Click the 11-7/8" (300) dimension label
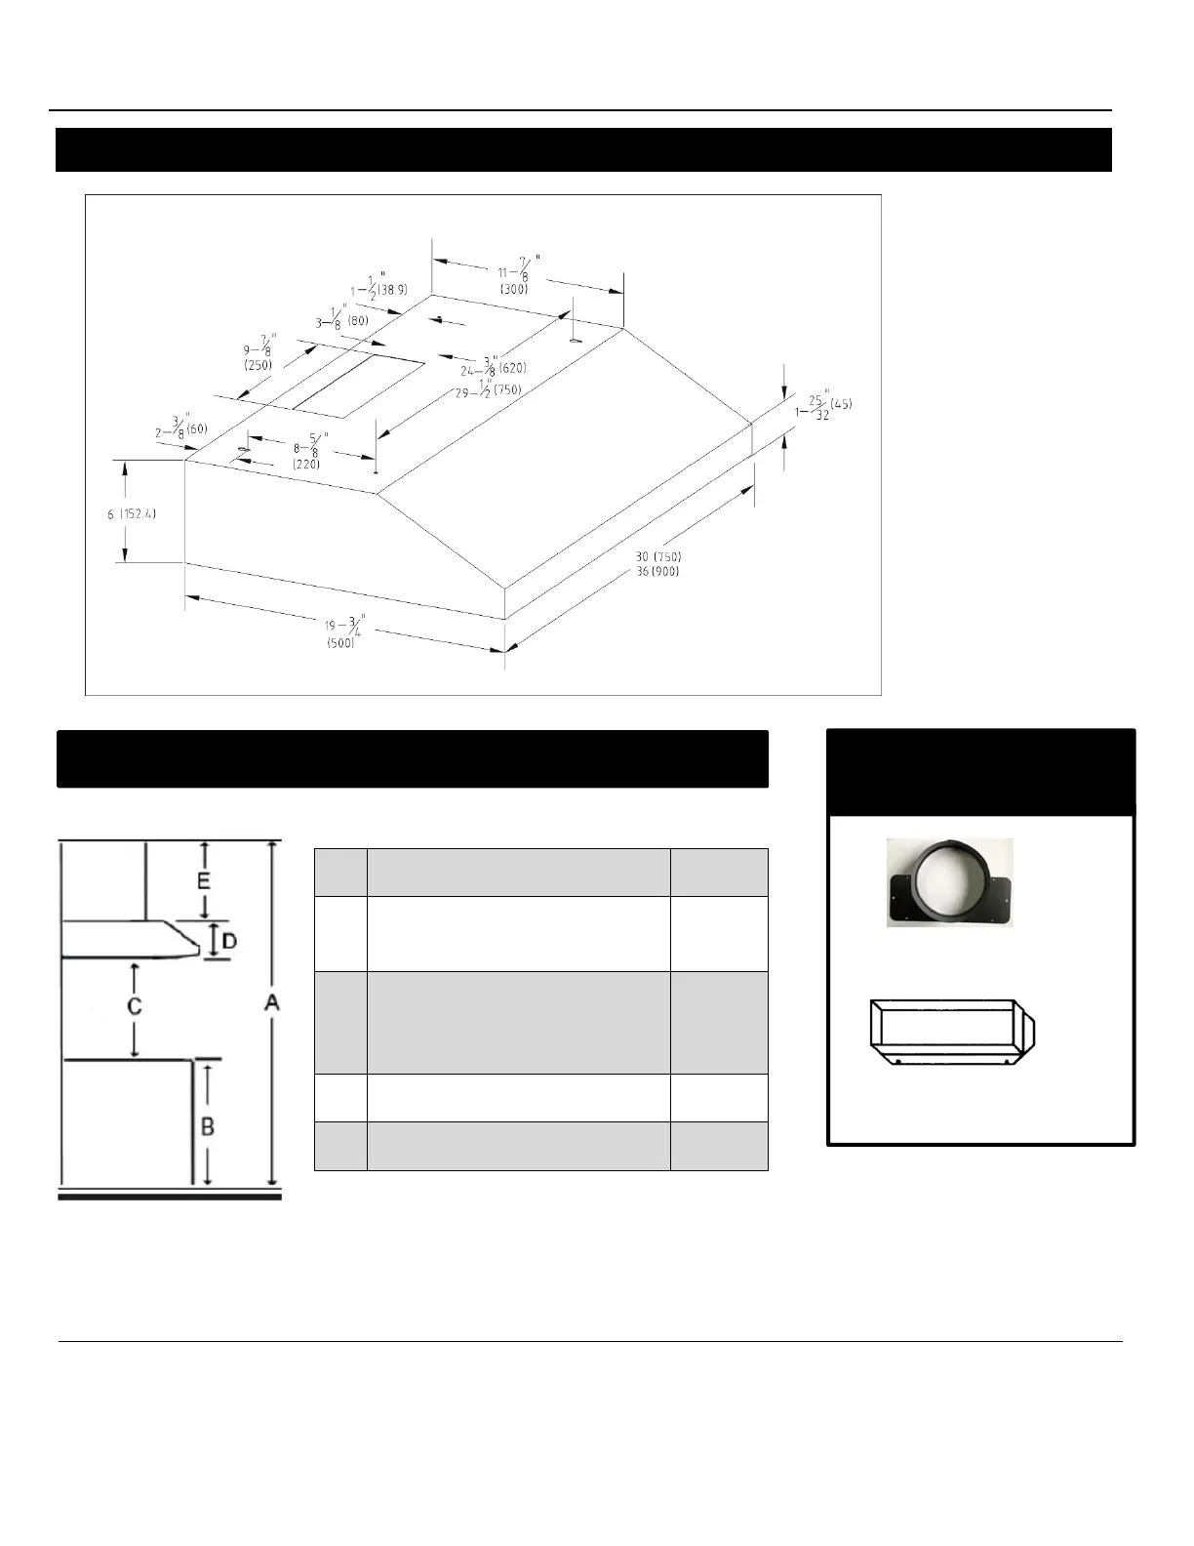pos(518,275)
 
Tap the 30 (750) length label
pos(658,556)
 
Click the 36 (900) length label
pos(657,571)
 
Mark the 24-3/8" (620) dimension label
pos(493,366)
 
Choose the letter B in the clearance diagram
pos(208,1125)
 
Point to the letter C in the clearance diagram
pos(135,1004)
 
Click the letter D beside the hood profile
pos(229,941)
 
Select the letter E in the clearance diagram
pos(204,879)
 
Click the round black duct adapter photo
pos(949,881)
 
